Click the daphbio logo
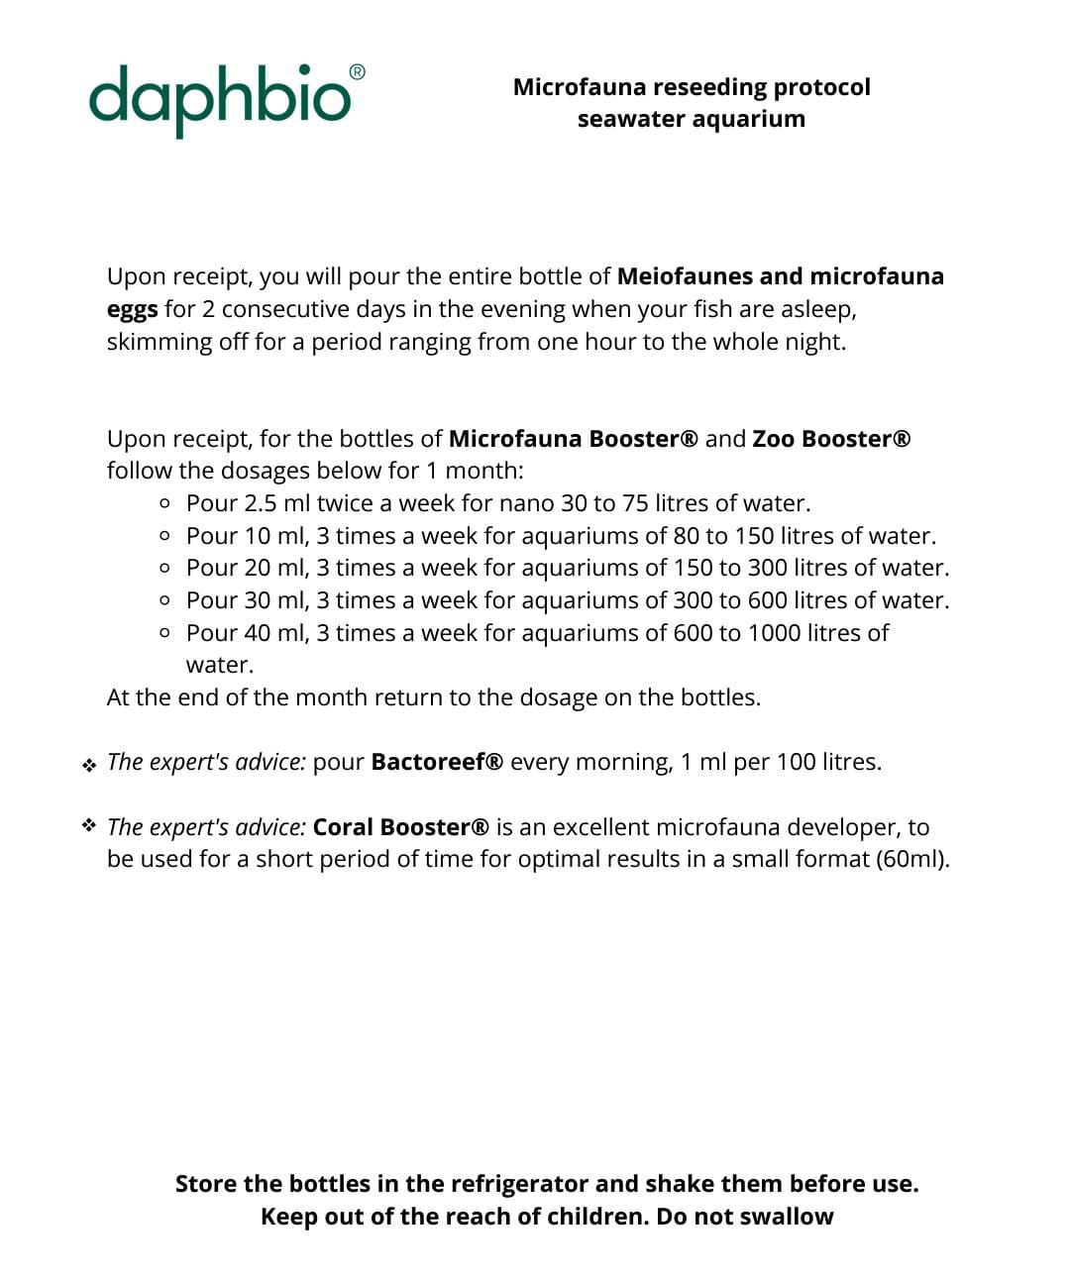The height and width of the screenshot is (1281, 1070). click(x=219, y=99)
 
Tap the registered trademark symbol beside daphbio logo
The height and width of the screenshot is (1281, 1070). click(x=358, y=72)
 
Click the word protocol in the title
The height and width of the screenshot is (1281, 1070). click(x=821, y=87)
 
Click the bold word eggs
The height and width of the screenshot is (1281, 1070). click(x=132, y=309)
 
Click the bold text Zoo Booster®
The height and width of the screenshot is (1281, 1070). click(x=830, y=439)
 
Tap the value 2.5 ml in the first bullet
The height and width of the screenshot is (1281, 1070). click(x=276, y=503)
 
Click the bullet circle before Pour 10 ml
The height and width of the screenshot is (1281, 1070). click(x=164, y=536)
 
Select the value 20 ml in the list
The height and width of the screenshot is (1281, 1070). click(x=276, y=568)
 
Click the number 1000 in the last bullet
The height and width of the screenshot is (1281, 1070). click(x=774, y=633)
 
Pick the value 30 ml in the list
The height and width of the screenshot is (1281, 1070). click(x=276, y=600)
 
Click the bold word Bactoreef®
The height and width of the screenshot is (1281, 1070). click(x=437, y=762)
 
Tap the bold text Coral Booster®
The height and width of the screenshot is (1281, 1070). click(x=400, y=827)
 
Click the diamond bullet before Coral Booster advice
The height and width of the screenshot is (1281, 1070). click(x=89, y=825)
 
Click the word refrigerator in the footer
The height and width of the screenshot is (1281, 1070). click(x=519, y=1184)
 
